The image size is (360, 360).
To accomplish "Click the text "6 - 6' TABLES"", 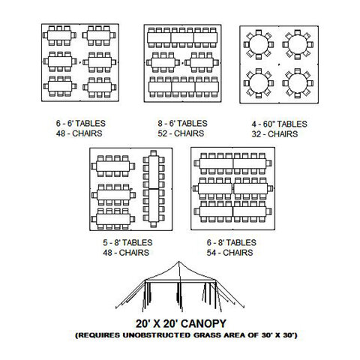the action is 81,123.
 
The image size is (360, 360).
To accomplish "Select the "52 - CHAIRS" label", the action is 181,133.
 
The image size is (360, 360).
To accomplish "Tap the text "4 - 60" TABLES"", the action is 279,124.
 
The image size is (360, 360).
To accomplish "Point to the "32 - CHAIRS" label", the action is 274,134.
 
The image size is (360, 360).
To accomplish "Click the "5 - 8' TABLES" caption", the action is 127,242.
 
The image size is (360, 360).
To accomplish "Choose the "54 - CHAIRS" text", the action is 229,253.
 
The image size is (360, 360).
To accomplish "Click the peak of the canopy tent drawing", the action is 178,262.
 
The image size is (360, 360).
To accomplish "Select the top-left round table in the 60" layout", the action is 259,45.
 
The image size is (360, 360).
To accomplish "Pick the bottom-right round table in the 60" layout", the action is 297,83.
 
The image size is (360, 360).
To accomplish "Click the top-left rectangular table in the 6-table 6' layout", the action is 59,35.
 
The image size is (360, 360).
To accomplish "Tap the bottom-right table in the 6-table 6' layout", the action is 100,87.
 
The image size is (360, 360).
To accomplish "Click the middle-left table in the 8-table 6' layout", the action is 163,62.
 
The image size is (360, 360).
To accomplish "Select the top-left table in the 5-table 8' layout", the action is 112,166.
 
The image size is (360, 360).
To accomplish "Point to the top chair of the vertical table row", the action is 154,152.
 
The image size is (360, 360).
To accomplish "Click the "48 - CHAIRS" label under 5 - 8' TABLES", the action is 126,253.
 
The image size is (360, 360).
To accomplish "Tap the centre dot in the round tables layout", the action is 279,64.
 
